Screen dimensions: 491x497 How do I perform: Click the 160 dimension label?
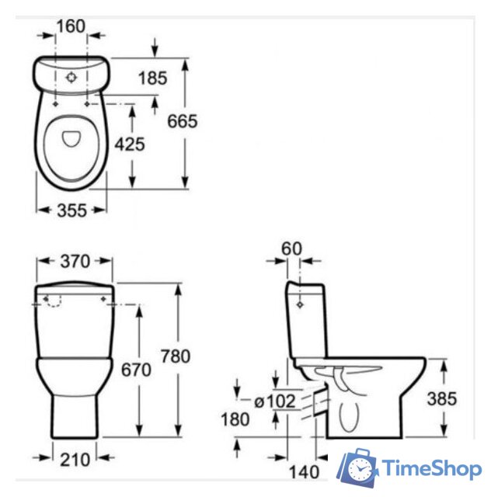coord(71,26)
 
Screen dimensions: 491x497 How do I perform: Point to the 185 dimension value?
coord(152,78)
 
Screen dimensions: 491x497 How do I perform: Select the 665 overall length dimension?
coord(182,121)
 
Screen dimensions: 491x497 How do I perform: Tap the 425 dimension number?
coord(130,144)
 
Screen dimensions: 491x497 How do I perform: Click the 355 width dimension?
coord(71,210)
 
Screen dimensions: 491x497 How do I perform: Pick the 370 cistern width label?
coord(75,262)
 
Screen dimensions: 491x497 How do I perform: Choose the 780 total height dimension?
coord(176,356)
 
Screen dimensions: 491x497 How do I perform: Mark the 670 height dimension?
coord(136,370)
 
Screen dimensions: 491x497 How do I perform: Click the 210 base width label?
coord(75,460)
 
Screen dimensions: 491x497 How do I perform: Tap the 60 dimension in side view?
coord(291,248)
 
